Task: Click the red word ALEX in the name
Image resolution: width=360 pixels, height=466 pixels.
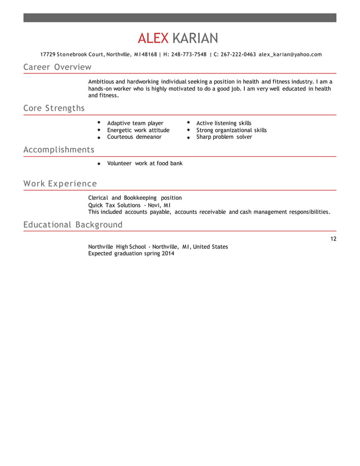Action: [153, 38]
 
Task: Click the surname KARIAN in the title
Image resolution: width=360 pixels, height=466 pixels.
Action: [194, 38]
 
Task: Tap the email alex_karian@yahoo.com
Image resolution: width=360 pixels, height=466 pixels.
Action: [290, 55]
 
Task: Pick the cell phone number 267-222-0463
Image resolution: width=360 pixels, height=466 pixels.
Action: [238, 55]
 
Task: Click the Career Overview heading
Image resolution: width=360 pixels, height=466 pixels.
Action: [57, 68]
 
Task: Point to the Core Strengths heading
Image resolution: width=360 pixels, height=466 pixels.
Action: [54, 108]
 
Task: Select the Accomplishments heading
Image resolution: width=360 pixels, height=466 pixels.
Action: [59, 150]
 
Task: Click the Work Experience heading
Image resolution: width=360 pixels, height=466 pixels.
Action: [60, 184]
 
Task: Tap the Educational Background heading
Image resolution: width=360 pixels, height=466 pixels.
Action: [73, 225]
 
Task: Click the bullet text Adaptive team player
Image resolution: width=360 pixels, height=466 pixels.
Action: [135, 123]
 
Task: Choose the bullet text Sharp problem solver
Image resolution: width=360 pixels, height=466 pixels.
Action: [224, 137]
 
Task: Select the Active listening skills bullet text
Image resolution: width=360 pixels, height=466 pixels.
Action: [223, 123]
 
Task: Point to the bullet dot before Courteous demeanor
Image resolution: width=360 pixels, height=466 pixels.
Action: [98, 137]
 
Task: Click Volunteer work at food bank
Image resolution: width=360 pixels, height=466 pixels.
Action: [144, 164]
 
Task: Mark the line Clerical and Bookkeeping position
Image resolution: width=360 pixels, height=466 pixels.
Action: [135, 198]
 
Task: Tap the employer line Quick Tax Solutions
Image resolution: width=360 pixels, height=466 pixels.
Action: [129, 205]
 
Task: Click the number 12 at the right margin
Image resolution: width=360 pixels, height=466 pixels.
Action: [333, 239]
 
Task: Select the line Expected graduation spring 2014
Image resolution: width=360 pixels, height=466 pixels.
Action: [131, 254]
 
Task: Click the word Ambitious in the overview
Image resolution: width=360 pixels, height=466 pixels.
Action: [101, 82]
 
